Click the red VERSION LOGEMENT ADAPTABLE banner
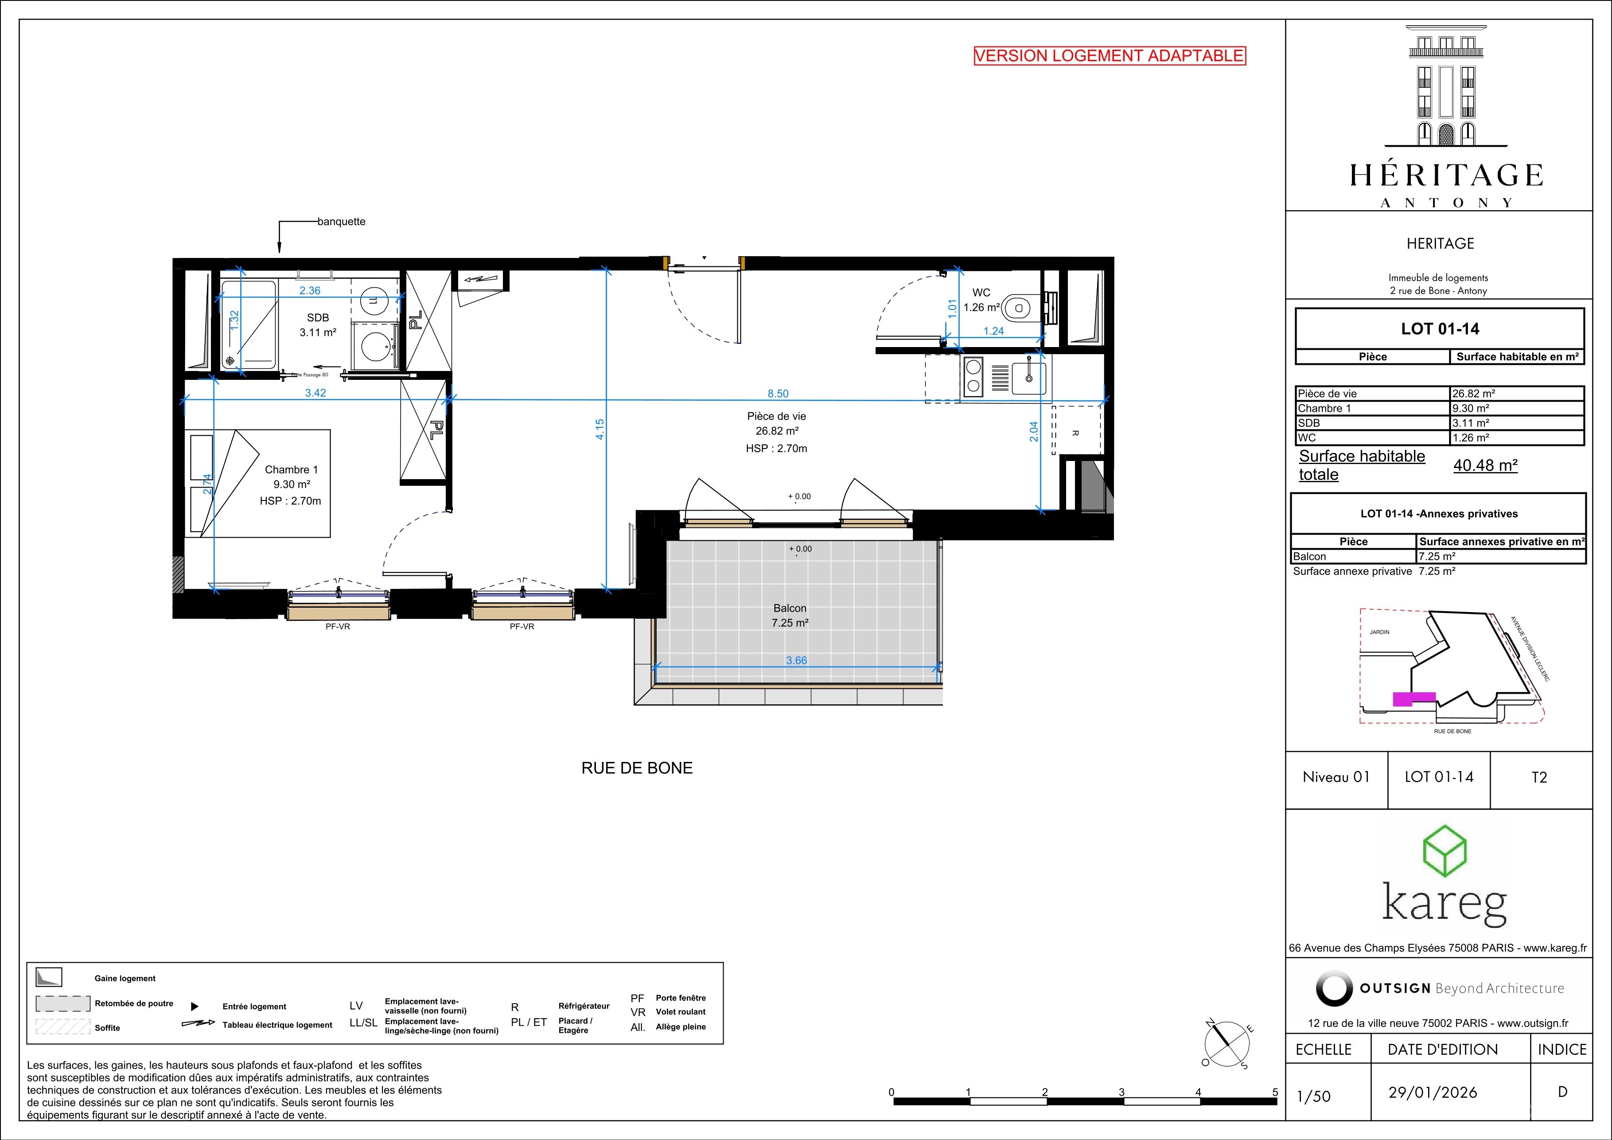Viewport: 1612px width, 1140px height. pyautogui.click(x=1110, y=56)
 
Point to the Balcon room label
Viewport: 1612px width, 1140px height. pyautogui.click(x=790, y=608)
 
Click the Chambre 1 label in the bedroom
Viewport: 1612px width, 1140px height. pyautogui.click(x=292, y=469)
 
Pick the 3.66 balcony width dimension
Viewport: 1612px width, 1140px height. pyautogui.click(x=796, y=660)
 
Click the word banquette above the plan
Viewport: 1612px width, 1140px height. pyautogui.click(x=341, y=221)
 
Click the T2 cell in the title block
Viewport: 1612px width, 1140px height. pyautogui.click(x=1539, y=777)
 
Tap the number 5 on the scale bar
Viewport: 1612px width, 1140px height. pyautogui.click(x=1275, y=1092)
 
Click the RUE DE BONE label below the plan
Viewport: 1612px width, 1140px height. pyautogui.click(x=637, y=769)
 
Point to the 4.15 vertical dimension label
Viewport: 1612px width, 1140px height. pyautogui.click(x=600, y=429)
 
